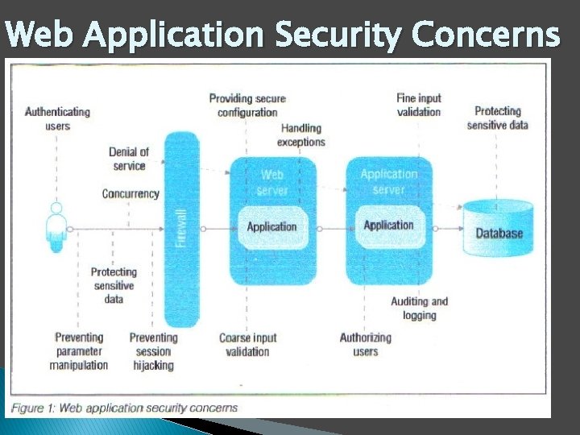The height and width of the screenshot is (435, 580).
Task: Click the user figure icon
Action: [56, 226]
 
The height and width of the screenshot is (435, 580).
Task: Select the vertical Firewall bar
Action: [181, 230]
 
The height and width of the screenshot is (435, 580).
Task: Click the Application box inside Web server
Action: [271, 226]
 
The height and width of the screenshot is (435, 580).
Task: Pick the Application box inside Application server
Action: [388, 225]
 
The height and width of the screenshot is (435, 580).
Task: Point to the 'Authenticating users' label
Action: [57, 118]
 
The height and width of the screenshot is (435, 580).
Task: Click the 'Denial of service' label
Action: [129, 159]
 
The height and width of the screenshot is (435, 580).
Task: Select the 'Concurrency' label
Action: [130, 194]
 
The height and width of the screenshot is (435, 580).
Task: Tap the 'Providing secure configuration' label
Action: [247, 106]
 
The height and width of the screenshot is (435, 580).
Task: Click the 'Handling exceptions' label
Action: [301, 135]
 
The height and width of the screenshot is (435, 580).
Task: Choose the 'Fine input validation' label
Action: [419, 105]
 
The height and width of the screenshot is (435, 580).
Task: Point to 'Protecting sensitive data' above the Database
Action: [497, 118]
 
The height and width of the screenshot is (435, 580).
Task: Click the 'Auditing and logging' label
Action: [419, 309]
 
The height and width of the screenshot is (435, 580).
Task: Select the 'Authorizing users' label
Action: [366, 345]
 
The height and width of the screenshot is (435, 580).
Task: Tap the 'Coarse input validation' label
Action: [247, 345]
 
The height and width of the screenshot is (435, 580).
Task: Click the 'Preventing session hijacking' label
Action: [153, 351]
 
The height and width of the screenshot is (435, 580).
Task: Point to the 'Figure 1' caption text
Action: [125, 408]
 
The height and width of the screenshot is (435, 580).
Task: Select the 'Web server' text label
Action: [272, 182]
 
